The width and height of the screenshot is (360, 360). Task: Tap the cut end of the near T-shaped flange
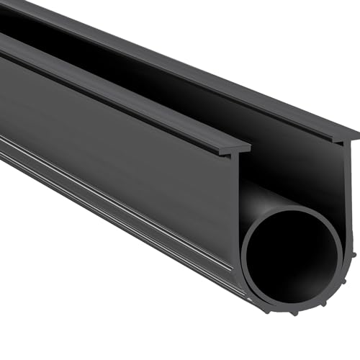(240, 148)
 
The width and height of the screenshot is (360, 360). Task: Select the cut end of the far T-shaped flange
(349, 135)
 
